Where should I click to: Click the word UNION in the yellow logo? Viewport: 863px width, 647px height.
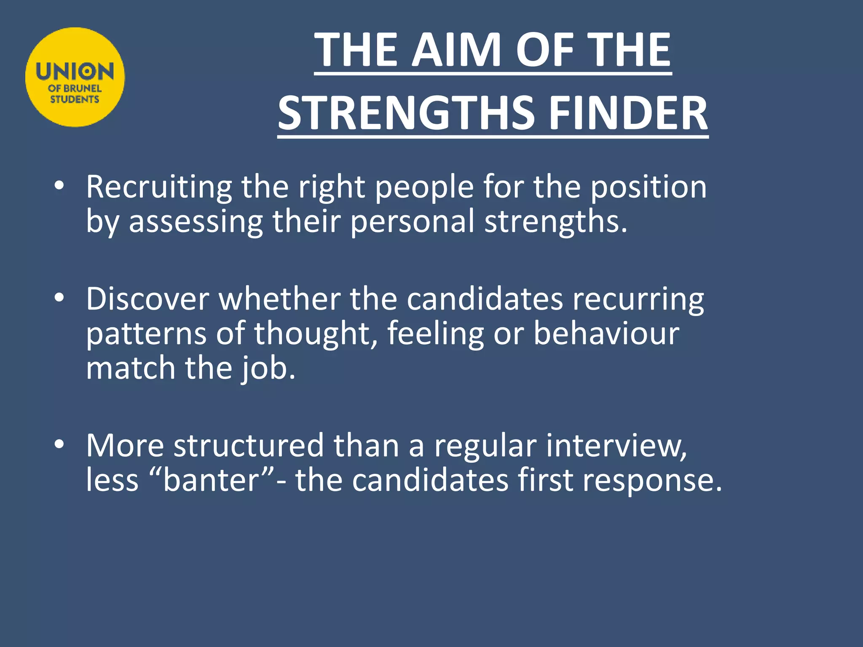[x=75, y=72]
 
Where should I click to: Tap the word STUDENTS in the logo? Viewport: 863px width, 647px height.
[x=75, y=99]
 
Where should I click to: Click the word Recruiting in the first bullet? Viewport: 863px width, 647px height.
[x=159, y=187]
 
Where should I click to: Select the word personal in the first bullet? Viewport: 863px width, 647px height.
[x=412, y=222]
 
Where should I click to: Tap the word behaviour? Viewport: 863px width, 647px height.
[x=606, y=334]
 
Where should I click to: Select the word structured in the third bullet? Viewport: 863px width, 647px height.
[x=249, y=446]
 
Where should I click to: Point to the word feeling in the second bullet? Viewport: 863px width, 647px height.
[x=435, y=334]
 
